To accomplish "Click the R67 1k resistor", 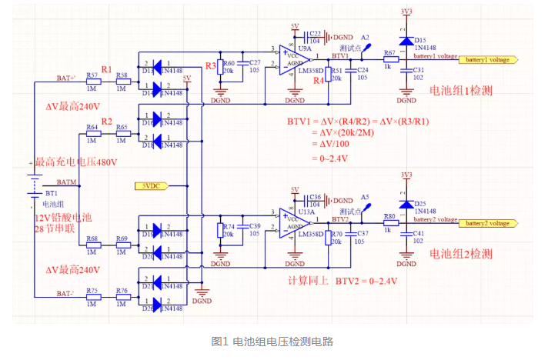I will (389, 58).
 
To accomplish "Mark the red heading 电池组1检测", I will (460, 91).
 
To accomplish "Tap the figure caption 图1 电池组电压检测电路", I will (272, 341).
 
